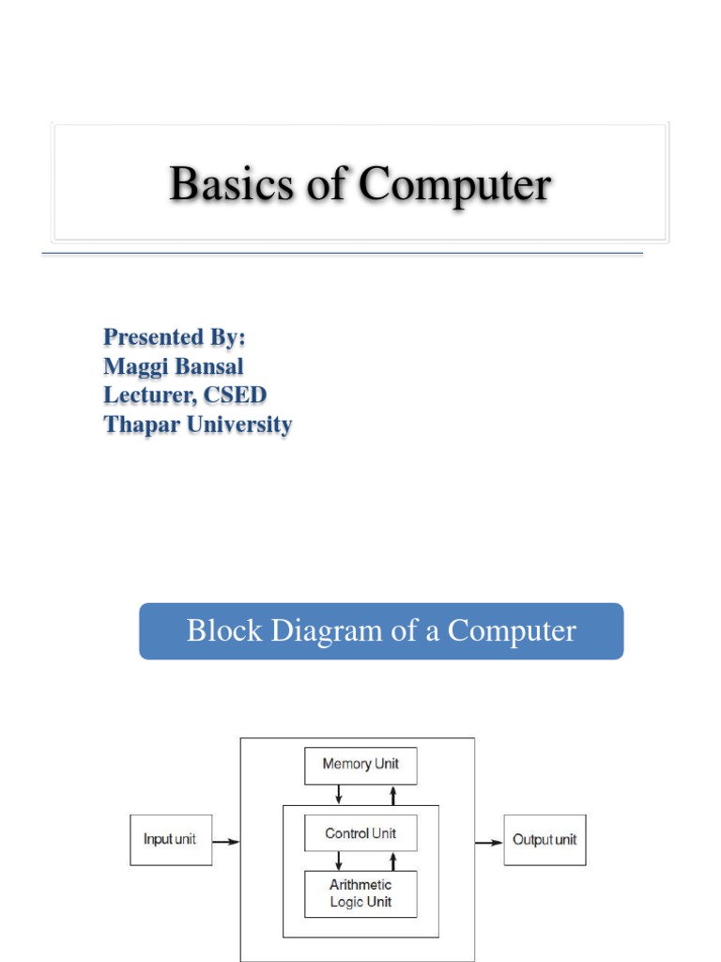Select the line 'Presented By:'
coord(174,336)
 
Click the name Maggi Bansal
coord(173,365)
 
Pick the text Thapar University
coord(197,424)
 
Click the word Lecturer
coord(147,395)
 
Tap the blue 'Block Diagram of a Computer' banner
coord(381,631)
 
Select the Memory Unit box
coord(360,765)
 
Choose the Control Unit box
coord(360,833)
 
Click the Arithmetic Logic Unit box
coord(360,893)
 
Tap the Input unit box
coord(170,840)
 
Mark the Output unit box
coord(545,840)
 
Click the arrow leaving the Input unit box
coord(225,842)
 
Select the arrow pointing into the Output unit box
coord(489,842)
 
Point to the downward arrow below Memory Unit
coord(339,795)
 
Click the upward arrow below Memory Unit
coord(393,795)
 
